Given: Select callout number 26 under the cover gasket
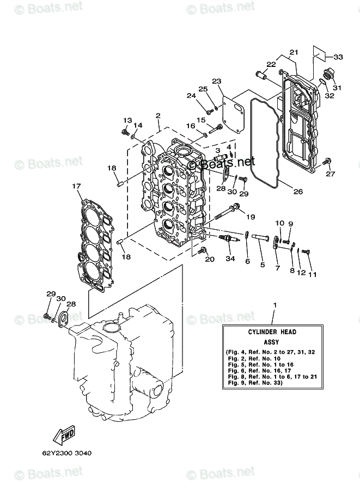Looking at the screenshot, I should [x=297, y=191].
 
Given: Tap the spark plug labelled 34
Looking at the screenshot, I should [x=228, y=240].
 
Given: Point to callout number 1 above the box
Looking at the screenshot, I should [x=275, y=305].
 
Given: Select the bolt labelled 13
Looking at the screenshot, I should [x=125, y=131].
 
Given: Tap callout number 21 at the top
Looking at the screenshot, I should [x=294, y=52].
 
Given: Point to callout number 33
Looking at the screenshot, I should [x=338, y=57].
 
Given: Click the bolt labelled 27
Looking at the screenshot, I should [x=327, y=162].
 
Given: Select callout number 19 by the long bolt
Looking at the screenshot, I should [x=251, y=217].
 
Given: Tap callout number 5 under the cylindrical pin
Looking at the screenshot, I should [x=262, y=265].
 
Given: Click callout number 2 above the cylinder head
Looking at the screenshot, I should [x=157, y=115].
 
